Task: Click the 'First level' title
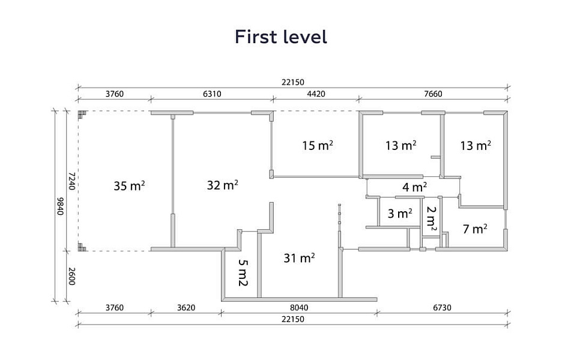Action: (x=280, y=37)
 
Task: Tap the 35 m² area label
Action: (x=129, y=185)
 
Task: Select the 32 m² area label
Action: (x=223, y=185)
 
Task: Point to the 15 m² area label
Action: (x=317, y=145)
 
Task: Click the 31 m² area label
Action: (x=299, y=257)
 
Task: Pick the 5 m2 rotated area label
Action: (x=243, y=272)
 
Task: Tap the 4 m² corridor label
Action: (x=414, y=187)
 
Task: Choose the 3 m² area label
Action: (x=400, y=214)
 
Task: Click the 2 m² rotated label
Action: (x=432, y=218)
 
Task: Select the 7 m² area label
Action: (x=475, y=229)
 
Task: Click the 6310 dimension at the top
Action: (x=212, y=94)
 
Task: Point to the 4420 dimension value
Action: (x=316, y=94)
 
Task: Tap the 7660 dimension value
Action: (x=433, y=94)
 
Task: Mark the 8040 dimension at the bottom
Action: (x=299, y=307)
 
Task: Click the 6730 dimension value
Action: (x=442, y=307)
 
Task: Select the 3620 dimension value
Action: (x=186, y=307)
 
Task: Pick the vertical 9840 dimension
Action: (x=60, y=206)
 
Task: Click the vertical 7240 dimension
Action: (x=71, y=181)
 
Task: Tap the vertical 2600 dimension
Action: (x=71, y=276)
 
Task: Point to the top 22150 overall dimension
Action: (x=292, y=82)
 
